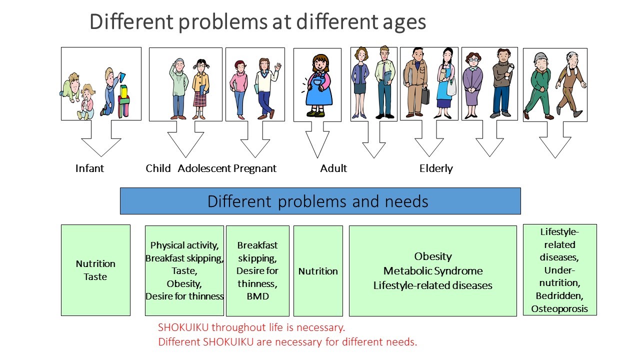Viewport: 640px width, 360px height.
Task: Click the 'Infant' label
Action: click(x=89, y=168)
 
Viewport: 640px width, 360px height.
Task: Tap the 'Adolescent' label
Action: click(x=204, y=168)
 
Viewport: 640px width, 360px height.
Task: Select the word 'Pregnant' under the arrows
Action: click(x=255, y=168)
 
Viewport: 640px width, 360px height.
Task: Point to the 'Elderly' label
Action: click(x=436, y=168)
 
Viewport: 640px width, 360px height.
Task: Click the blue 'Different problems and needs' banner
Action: click(x=320, y=201)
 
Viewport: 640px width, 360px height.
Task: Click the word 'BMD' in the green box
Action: click(x=257, y=296)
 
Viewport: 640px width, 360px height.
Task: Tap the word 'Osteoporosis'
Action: click(x=559, y=309)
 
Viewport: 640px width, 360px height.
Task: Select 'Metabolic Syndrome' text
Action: click(x=433, y=271)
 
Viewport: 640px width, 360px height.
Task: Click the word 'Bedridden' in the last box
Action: click(x=559, y=295)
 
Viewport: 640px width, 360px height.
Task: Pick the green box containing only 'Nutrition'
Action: click(x=318, y=271)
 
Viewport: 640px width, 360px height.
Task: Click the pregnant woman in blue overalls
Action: click(x=317, y=85)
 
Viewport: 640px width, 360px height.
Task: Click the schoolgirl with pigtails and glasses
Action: click(x=200, y=89)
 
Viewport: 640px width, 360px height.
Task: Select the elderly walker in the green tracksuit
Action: click(x=539, y=86)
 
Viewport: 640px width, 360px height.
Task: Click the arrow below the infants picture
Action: click(x=101, y=138)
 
